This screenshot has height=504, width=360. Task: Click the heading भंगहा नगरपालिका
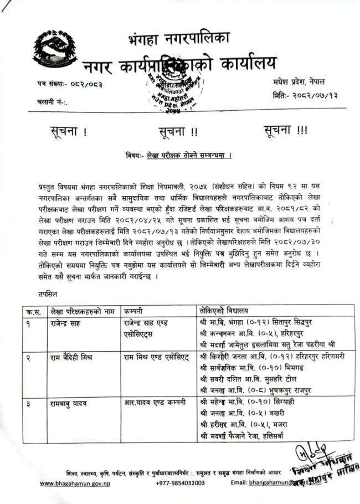click(178, 39)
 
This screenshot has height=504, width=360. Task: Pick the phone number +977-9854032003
click(181, 483)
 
